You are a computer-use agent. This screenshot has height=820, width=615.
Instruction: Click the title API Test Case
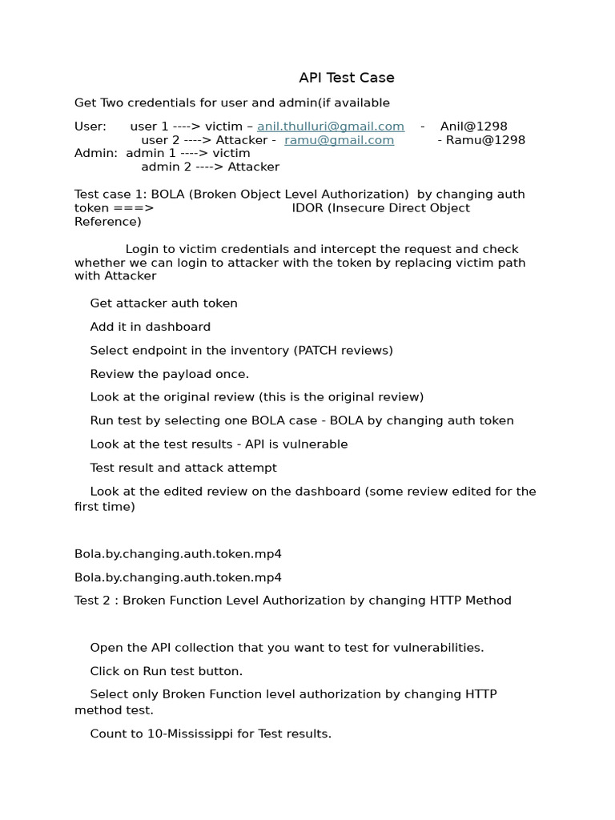[346, 78]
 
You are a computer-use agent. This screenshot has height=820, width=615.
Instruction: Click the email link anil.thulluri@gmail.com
[330, 127]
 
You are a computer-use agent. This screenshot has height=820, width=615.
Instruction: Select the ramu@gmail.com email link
[339, 140]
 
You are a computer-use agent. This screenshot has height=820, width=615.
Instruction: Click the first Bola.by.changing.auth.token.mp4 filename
[178, 554]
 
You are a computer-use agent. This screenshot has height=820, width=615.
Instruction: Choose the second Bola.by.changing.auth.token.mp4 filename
[178, 577]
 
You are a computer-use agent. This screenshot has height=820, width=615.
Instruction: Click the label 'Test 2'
[93, 601]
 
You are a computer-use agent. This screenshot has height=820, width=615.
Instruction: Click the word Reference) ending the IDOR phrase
[107, 222]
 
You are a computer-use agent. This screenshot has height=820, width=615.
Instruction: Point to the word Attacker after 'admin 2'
[253, 167]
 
